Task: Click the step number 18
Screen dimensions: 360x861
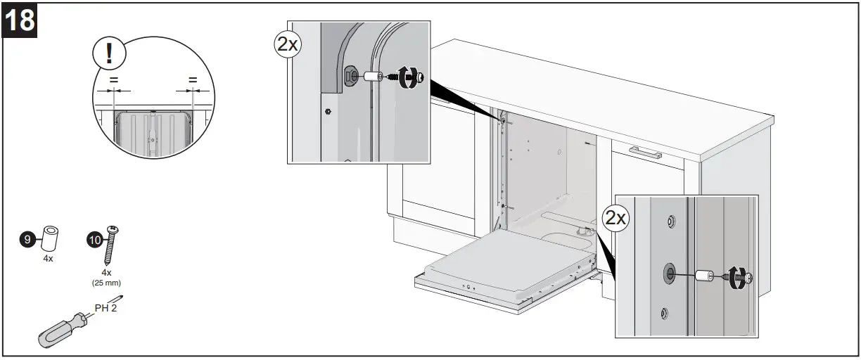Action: pos(20,20)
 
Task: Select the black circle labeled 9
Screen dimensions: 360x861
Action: pos(27,240)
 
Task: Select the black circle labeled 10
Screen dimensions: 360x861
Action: pos(94,240)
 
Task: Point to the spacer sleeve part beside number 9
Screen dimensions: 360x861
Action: pos(50,238)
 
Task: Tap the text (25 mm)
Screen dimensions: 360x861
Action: pos(106,282)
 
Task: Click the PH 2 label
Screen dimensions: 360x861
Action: pos(106,307)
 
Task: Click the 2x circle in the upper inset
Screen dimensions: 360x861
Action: pos(286,44)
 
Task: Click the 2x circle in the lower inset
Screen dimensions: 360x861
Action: pos(616,218)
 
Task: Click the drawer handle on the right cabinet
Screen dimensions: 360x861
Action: pos(645,153)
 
